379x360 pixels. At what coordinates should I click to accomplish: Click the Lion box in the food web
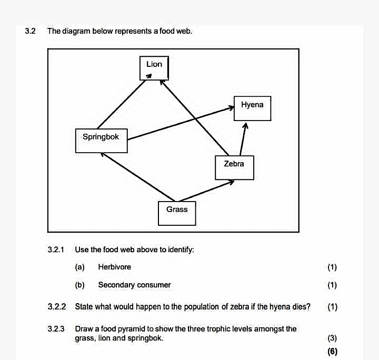(x=154, y=68)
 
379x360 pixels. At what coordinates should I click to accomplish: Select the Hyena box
(x=252, y=108)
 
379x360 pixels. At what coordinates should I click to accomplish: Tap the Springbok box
(x=101, y=141)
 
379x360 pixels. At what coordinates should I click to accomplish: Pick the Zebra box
(x=234, y=168)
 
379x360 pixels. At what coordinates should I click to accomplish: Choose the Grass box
(x=177, y=214)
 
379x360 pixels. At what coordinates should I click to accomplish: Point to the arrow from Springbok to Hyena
(x=181, y=123)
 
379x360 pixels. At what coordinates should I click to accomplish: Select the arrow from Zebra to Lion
(x=194, y=118)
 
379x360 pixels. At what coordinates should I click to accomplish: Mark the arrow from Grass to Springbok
(x=137, y=177)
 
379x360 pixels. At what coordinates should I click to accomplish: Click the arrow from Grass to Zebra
(x=206, y=191)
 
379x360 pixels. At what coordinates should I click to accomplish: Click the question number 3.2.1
(x=56, y=249)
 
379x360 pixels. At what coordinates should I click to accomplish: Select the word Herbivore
(x=115, y=267)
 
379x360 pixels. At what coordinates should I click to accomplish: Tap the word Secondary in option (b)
(x=116, y=285)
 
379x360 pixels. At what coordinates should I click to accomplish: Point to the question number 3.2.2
(x=56, y=307)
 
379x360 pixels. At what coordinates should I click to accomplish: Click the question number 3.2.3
(x=56, y=329)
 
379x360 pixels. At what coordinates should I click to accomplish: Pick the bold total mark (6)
(x=332, y=351)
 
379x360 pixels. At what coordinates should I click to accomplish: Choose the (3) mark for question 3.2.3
(x=332, y=338)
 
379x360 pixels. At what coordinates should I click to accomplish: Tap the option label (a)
(x=80, y=267)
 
